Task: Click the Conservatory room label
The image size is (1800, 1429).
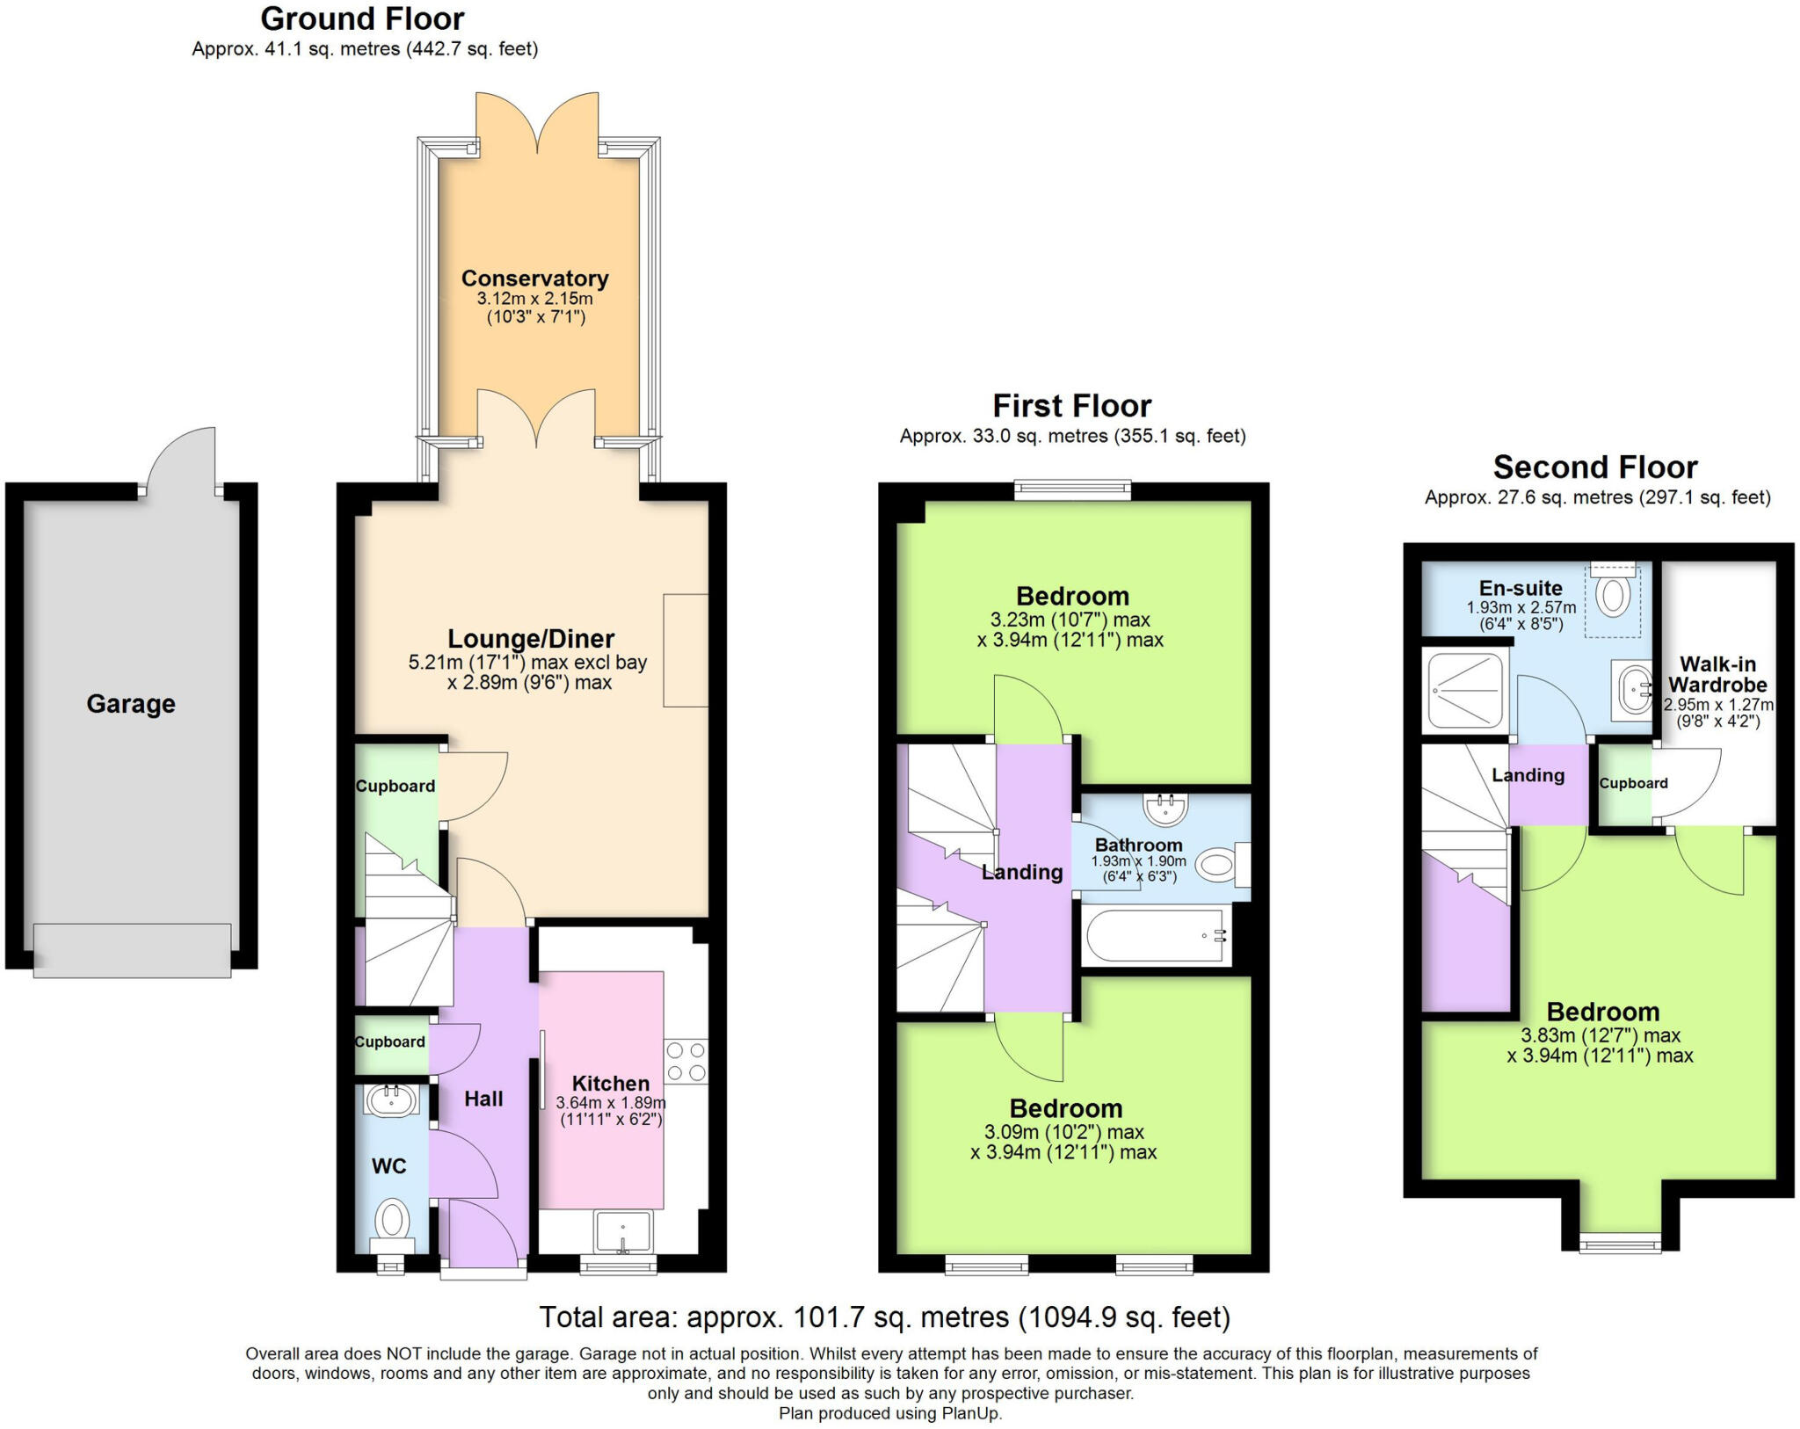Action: point(534,279)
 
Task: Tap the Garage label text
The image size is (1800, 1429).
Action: point(131,704)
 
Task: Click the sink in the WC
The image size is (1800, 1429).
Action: point(391,1099)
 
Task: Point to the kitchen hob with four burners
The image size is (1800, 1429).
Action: point(686,1062)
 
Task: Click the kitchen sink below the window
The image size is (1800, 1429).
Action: point(622,1231)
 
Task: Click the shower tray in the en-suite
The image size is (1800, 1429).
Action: point(1465,691)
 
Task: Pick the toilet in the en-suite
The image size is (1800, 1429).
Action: point(1613,595)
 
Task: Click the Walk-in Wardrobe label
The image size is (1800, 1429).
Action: point(1717,675)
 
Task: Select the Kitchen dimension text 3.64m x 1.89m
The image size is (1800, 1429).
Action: point(610,1103)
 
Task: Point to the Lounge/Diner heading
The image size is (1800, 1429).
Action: point(531,639)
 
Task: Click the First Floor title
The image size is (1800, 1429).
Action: point(1071,406)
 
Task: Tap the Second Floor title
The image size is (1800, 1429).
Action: point(1594,467)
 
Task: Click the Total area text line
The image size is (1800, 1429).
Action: point(884,1317)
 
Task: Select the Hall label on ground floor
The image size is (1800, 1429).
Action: point(483,1099)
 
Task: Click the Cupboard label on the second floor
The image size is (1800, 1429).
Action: point(1632,783)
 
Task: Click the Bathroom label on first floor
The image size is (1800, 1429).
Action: point(1138,845)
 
